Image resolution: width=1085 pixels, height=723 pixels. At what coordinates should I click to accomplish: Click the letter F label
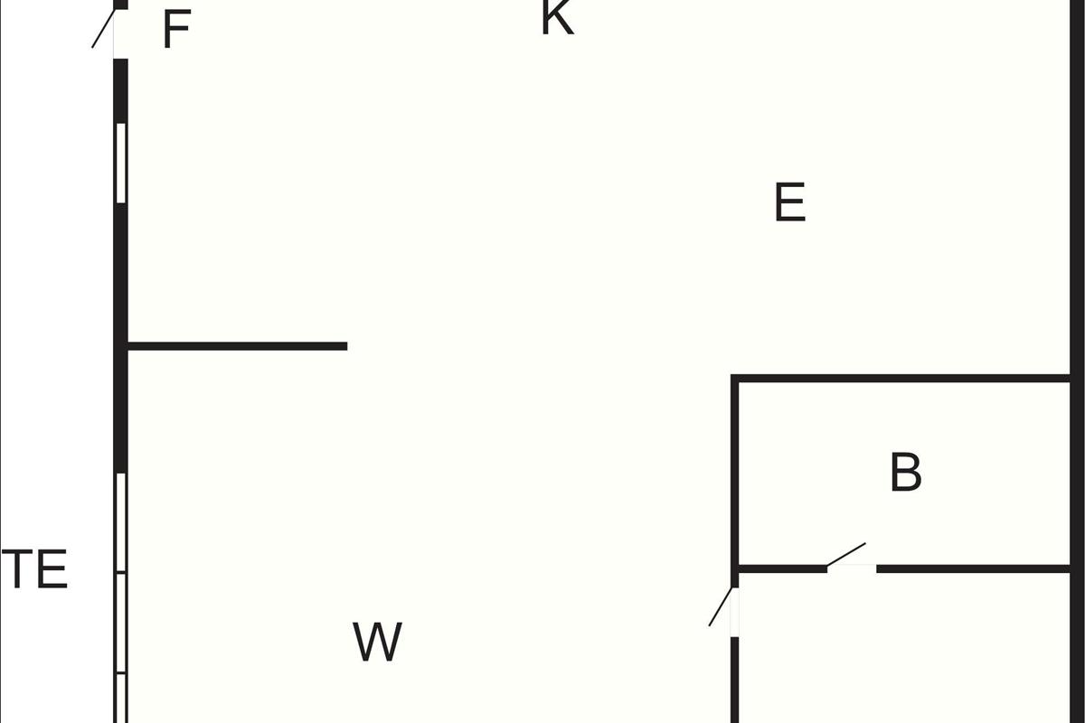coord(176,31)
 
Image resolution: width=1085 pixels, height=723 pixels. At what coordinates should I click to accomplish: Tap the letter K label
coord(557,18)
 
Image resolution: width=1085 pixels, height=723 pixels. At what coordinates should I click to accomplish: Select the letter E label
coord(789,203)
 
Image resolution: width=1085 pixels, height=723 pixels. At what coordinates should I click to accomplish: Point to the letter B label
coord(905,473)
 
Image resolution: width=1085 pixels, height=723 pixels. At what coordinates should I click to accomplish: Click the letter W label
coord(377,643)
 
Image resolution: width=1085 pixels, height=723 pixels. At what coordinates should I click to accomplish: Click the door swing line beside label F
coord(103,29)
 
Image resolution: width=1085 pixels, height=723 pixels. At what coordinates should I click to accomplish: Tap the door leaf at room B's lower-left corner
coord(721,606)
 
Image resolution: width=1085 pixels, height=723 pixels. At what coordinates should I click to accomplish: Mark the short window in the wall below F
coord(121,163)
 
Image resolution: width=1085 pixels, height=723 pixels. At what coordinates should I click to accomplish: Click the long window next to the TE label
coord(121,596)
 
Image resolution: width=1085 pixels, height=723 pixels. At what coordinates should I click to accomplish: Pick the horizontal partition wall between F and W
coord(237,346)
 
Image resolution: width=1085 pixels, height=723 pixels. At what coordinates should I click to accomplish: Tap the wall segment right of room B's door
coord(973,568)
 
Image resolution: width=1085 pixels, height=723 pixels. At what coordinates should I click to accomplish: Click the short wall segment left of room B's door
coord(783,568)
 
